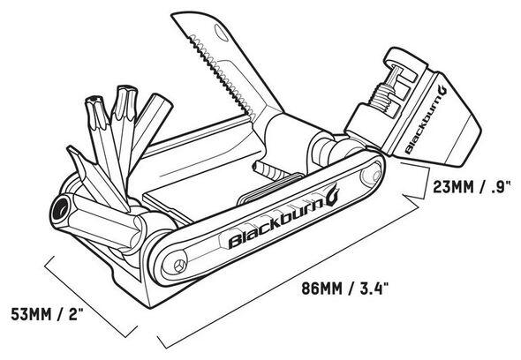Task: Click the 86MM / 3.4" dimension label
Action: click(x=345, y=288)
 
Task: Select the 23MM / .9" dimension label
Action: click(x=472, y=187)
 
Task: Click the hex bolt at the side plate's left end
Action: click(x=180, y=265)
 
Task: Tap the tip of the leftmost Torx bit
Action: click(x=95, y=100)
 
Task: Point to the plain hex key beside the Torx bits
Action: click(x=150, y=126)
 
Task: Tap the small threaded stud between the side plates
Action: click(x=268, y=169)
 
